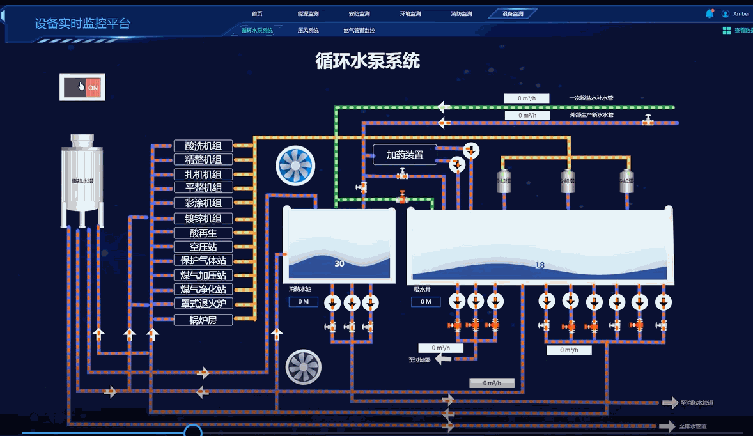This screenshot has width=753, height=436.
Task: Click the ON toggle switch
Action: [x=82, y=87]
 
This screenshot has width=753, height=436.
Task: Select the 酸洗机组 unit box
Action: [x=203, y=146]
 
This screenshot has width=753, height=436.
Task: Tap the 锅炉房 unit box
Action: [x=203, y=320]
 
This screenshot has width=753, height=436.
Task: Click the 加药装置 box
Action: [x=405, y=155]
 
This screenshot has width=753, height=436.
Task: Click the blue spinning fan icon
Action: [x=295, y=166]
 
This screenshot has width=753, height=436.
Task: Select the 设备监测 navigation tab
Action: [x=512, y=13]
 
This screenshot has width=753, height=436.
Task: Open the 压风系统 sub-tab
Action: [x=308, y=30]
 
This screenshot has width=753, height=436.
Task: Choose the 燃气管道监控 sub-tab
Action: [x=359, y=30]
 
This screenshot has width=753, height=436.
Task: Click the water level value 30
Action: [x=339, y=263]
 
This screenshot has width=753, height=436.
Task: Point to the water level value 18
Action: [x=540, y=265]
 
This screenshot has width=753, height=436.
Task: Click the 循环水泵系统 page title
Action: [x=368, y=61]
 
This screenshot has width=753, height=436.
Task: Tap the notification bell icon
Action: [x=710, y=13]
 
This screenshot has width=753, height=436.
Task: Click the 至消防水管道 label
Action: [x=697, y=403]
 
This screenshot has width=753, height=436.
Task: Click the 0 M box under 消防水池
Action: [x=303, y=302]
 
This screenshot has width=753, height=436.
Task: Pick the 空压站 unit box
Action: [x=203, y=247]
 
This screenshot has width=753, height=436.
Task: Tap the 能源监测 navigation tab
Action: [x=308, y=13]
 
